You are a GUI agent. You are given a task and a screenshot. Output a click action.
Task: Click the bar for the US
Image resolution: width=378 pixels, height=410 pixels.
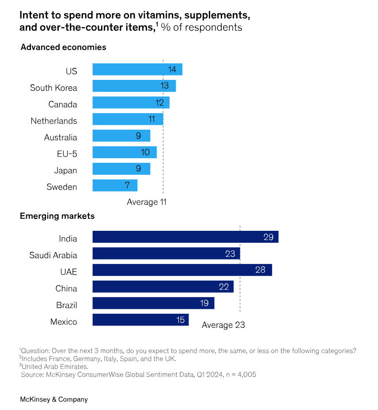(137, 70)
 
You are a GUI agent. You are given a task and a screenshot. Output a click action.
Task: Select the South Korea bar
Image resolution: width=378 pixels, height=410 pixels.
(134, 86)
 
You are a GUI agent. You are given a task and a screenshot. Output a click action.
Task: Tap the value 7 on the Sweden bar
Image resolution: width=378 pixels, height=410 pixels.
(127, 186)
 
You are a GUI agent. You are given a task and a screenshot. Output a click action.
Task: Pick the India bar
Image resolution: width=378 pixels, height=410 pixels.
(185, 237)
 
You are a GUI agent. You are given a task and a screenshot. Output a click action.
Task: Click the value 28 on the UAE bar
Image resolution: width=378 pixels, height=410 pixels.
(260, 270)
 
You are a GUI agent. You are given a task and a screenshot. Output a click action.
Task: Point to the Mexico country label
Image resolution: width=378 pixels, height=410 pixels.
(64, 322)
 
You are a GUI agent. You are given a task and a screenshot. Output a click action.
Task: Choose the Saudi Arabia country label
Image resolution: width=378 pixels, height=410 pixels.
(53, 255)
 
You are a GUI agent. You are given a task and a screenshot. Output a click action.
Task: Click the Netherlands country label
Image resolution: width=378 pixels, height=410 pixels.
(53, 121)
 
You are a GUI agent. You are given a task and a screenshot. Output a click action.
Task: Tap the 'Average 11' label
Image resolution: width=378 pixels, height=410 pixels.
(146, 202)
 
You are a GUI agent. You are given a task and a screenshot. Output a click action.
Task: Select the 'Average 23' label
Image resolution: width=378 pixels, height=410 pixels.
(223, 325)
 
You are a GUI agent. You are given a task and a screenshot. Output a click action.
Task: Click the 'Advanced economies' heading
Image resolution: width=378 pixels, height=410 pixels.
(63, 47)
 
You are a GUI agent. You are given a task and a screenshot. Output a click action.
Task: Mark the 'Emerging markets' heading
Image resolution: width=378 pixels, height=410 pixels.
(57, 216)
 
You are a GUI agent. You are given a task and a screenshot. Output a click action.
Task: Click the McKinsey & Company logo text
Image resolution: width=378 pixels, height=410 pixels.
(54, 399)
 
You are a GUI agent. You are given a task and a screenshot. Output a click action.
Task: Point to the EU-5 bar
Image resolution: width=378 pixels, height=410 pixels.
(124, 153)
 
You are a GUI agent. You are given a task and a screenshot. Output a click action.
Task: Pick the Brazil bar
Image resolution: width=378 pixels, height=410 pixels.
(153, 303)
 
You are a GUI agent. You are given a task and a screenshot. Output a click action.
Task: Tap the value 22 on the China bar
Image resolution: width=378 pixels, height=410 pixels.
(224, 287)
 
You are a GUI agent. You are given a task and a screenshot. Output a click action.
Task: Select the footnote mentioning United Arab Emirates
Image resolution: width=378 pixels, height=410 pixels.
(55, 366)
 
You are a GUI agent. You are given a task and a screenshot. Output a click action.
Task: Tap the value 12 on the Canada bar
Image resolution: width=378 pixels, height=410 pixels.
(159, 103)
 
